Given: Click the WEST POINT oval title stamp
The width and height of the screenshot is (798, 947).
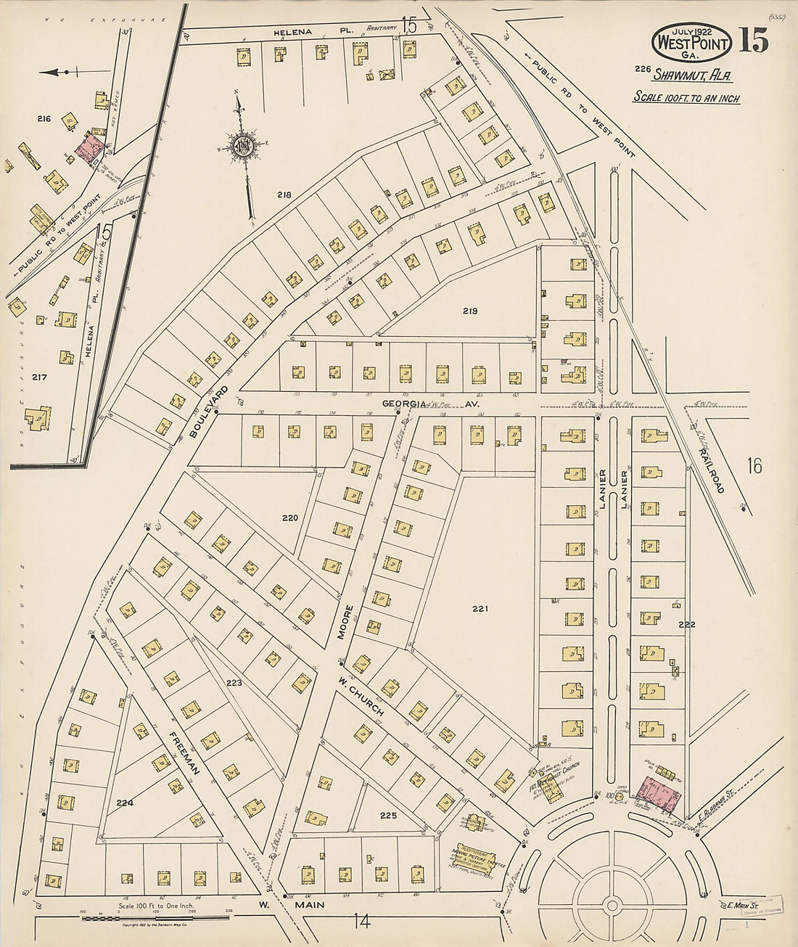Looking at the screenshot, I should (691, 43).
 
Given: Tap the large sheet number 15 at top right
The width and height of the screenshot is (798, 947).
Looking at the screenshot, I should (754, 43).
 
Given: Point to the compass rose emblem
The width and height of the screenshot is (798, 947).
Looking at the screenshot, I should (242, 146).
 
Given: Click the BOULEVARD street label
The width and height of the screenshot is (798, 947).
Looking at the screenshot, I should (208, 411).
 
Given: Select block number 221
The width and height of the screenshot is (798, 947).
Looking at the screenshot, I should (480, 608).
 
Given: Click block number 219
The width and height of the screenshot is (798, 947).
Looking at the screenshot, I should (469, 311).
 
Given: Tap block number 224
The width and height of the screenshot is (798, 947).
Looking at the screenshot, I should (125, 803).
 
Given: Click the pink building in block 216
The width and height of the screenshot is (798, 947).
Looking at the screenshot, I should (89, 147).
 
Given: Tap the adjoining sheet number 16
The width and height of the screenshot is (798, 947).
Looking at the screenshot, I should (754, 466).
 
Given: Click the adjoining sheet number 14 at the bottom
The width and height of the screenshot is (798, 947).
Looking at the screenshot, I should (362, 922).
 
